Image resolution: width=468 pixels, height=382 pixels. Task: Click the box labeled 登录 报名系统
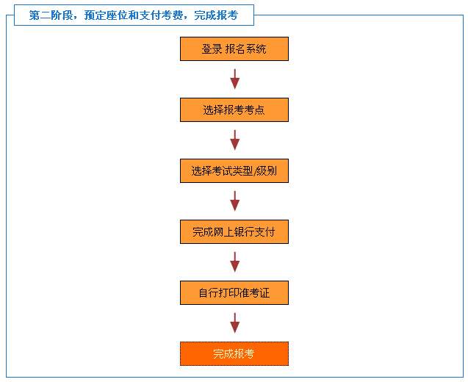pos(234,49)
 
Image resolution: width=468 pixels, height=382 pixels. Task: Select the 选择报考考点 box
pos(234,110)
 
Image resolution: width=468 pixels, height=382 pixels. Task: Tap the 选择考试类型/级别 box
pos(234,170)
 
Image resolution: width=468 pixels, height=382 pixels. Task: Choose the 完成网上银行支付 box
pos(234,232)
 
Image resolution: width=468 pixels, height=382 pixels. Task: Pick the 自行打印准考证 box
pos(234,293)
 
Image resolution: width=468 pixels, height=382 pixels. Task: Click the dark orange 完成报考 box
pos(234,353)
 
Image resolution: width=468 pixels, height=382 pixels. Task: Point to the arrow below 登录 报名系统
pos(235,79)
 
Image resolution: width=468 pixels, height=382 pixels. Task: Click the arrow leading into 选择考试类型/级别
pos(235,140)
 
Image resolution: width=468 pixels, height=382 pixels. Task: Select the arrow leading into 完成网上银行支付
pos(235,201)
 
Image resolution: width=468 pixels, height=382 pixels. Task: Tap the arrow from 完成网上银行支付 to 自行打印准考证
pos(235,262)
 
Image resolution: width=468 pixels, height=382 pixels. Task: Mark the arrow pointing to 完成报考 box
pos(235,323)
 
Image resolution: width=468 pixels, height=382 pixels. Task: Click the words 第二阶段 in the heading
pos(51,15)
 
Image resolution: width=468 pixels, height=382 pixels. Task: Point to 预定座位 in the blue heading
pos(106,15)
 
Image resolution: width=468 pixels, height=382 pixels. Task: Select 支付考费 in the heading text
pos(161,15)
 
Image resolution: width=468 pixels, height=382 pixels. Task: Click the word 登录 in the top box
pos(212,49)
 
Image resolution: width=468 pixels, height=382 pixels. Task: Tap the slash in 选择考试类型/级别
pos(254,171)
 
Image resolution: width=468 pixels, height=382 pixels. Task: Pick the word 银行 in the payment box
pos(244,232)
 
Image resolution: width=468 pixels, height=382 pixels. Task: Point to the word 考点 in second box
pos(254,110)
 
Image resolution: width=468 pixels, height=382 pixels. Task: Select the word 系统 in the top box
pos(256,49)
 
